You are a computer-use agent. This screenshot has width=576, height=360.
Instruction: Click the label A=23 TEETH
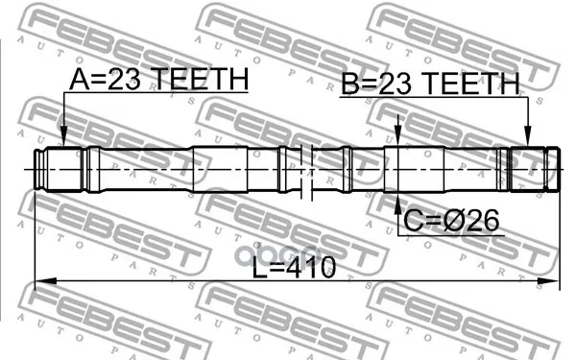(x=159, y=79)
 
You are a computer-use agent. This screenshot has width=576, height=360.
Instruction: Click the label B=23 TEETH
(x=430, y=84)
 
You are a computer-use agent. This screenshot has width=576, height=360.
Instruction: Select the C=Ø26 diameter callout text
(x=451, y=221)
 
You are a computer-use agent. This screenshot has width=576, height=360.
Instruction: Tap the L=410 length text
(x=294, y=267)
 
